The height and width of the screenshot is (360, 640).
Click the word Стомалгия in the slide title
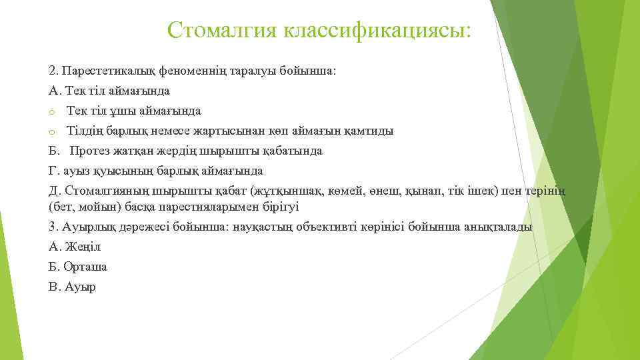(222, 30)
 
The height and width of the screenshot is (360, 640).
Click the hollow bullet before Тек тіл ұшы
(52, 111)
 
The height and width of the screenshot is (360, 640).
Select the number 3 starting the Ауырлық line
(52, 227)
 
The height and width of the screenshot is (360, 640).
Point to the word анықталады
(500, 227)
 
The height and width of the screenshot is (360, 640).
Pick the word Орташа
(85, 267)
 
